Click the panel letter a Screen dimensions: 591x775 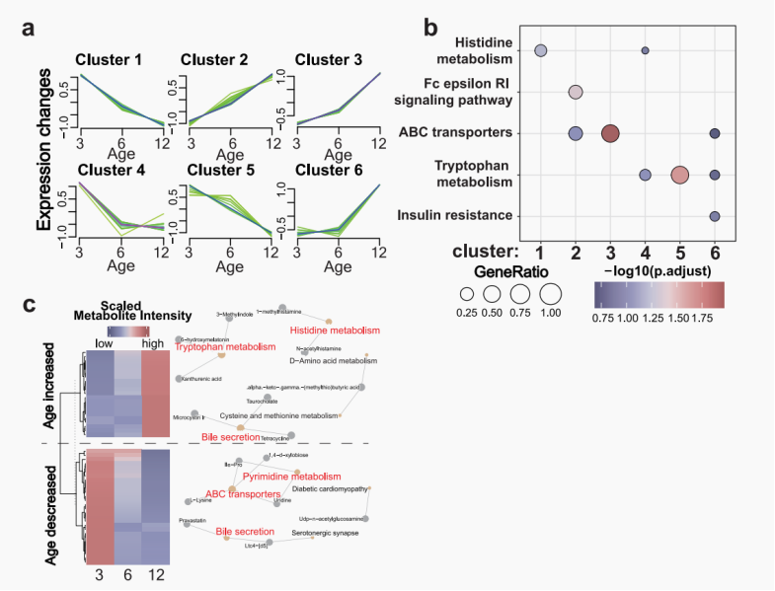pyautogui.click(x=31, y=29)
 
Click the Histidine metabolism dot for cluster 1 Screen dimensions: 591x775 pyautogui.click(x=541, y=50)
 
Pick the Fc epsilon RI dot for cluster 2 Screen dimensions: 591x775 pyautogui.click(x=576, y=93)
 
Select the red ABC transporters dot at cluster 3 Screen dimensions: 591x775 pyautogui.click(x=610, y=133)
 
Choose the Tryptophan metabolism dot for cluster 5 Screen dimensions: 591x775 pyautogui.click(x=679, y=175)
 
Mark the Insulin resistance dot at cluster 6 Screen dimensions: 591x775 pyautogui.click(x=714, y=216)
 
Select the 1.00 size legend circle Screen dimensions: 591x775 pyautogui.click(x=550, y=294)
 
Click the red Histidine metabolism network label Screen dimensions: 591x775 pyautogui.click(x=335, y=331)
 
